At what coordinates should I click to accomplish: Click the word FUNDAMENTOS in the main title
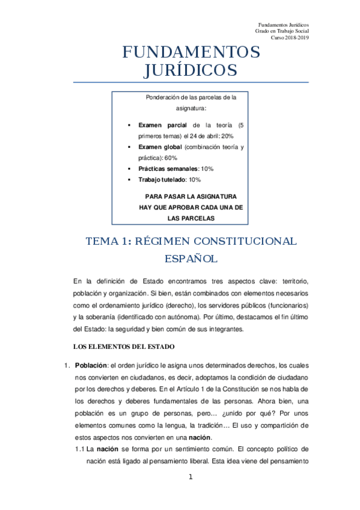(191, 52)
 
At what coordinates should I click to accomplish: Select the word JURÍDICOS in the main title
(191, 70)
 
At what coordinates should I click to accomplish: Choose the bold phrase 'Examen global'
(160, 147)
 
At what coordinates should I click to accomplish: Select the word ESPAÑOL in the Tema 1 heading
(191, 259)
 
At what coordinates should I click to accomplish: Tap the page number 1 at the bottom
(191, 478)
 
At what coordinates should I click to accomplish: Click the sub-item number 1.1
(79, 449)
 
